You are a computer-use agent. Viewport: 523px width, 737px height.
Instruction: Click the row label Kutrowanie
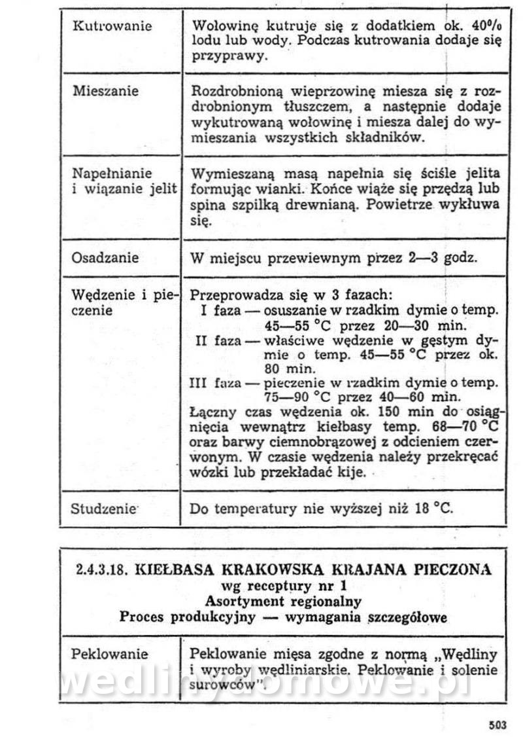click(x=111, y=26)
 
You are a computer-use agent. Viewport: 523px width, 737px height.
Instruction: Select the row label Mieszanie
click(x=105, y=91)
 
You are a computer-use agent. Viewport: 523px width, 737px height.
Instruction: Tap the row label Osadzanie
click(x=105, y=257)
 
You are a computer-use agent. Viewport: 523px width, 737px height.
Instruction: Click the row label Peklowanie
click(x=110, y=654)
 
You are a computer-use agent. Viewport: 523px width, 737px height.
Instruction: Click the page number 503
click(x=498, y=724)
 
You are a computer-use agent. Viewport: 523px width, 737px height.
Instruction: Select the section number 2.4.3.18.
click(x=103, y=569)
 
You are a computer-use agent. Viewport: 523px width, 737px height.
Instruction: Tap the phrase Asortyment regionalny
click(x=283, y=600)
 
